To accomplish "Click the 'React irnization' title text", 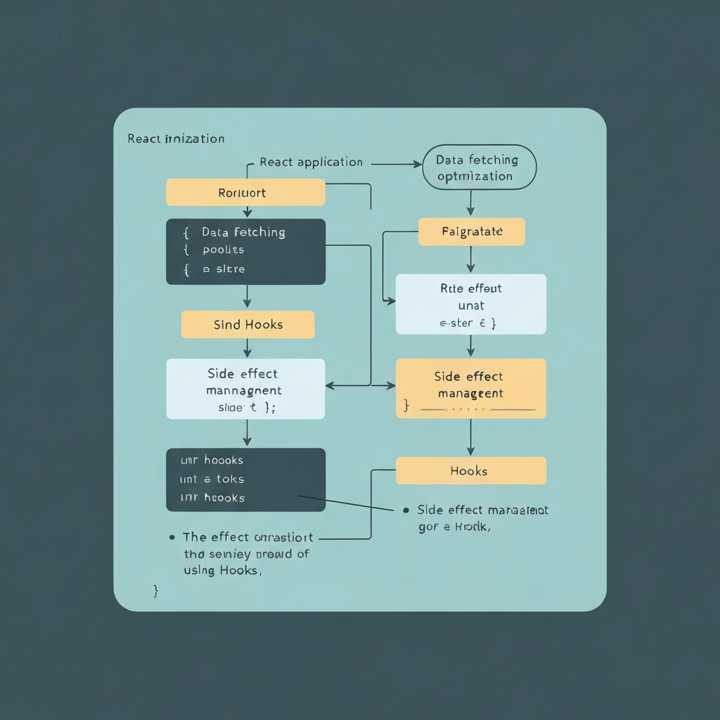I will point(176,139).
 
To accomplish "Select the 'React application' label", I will point(311,162).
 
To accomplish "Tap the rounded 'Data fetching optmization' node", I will point(480,168).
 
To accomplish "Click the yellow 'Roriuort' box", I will point(245,193).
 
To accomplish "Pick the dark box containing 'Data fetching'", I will point(245,251).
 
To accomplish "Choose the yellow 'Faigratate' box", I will point(471,231).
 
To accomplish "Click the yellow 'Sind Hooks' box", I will point(247,325).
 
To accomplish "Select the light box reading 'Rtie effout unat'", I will point(470,304).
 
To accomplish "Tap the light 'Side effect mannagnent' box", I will point(245,389).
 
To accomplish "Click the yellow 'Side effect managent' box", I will point(470,388).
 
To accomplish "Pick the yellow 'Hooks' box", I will point(470,470).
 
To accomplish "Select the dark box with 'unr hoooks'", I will point(245,480).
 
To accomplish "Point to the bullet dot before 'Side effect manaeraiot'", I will point(406,510).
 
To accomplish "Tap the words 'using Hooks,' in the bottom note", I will point(222,571).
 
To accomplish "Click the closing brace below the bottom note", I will point(155,591).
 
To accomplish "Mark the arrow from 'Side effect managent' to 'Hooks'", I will point(470,437).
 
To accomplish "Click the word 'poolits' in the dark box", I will point(223,250).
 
